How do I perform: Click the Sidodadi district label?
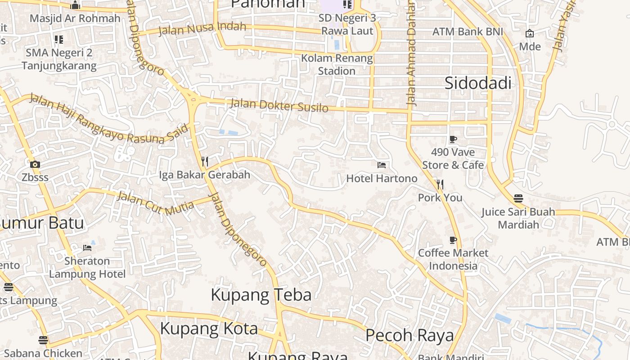(x=478, y=83)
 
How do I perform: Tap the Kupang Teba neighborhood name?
(x=261, y=295)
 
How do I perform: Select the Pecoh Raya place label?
(x=409, y=335)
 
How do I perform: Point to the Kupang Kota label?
(x=209, y=328)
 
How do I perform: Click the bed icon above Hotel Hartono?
(x=382, y=165)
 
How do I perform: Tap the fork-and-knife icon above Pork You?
(x=440, y=184)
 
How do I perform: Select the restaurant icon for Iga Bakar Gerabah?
(x=204, y=161)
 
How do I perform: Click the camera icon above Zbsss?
(x=35, y=164)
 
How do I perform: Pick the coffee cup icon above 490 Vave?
(x=453, y=139)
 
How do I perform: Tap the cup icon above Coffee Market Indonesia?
(x=453, y=240)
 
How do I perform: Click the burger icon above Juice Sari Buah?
(x=518, y=198)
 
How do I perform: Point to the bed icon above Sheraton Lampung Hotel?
(x=87, y=247)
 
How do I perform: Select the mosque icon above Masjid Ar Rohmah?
(x=75, y=5)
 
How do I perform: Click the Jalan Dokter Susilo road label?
(x=279, y=106)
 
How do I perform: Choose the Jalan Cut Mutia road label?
(x=155, y=202)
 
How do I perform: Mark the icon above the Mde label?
(x=530, y=33)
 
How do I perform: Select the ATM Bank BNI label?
(x=468, y=32)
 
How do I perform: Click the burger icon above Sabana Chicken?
(x=43, y=340)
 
